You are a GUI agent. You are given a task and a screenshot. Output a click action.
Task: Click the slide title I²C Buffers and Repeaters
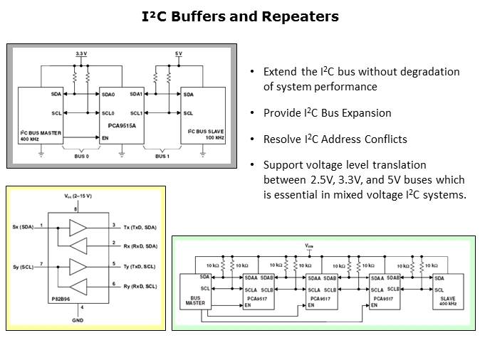click(x=239, y=16)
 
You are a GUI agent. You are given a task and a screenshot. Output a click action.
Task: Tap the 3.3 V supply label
click(x=82, y=54)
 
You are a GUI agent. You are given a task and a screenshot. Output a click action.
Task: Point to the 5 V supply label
click(x=179, y=54)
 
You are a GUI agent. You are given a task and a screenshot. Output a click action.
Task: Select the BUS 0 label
click(x=82, y=156)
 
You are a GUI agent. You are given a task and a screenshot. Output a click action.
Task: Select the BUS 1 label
click(x=162, y=156)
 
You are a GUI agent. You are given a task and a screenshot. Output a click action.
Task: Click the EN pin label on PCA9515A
click(x=106, y=137)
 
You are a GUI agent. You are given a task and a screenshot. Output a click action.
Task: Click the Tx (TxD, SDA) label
click(x=140, y=227)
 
